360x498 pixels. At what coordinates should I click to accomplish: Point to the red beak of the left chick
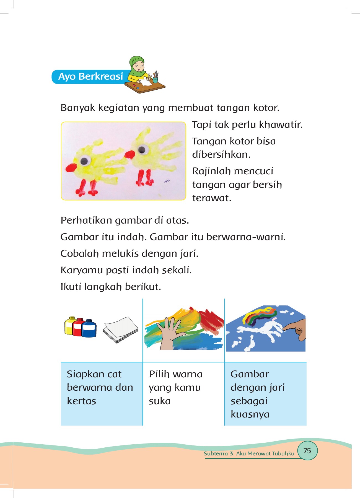[x=71, y=167]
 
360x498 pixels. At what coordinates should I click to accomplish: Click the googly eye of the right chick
[x=142, y=150]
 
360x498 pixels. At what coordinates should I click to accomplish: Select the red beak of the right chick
[x=130, y=154]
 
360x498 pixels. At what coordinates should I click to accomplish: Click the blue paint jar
[x=89, y=329]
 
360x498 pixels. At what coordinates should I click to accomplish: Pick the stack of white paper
[x=121, y=330]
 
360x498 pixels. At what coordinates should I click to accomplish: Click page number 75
[x=307, y=451]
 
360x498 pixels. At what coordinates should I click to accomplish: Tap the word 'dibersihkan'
[x=221, y=155]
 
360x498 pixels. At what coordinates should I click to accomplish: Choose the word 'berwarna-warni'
[x=246, y=237]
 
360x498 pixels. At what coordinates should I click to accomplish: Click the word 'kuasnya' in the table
[x=250, y=414]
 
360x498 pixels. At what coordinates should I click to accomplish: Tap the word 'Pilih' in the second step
[x=159, y=374]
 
